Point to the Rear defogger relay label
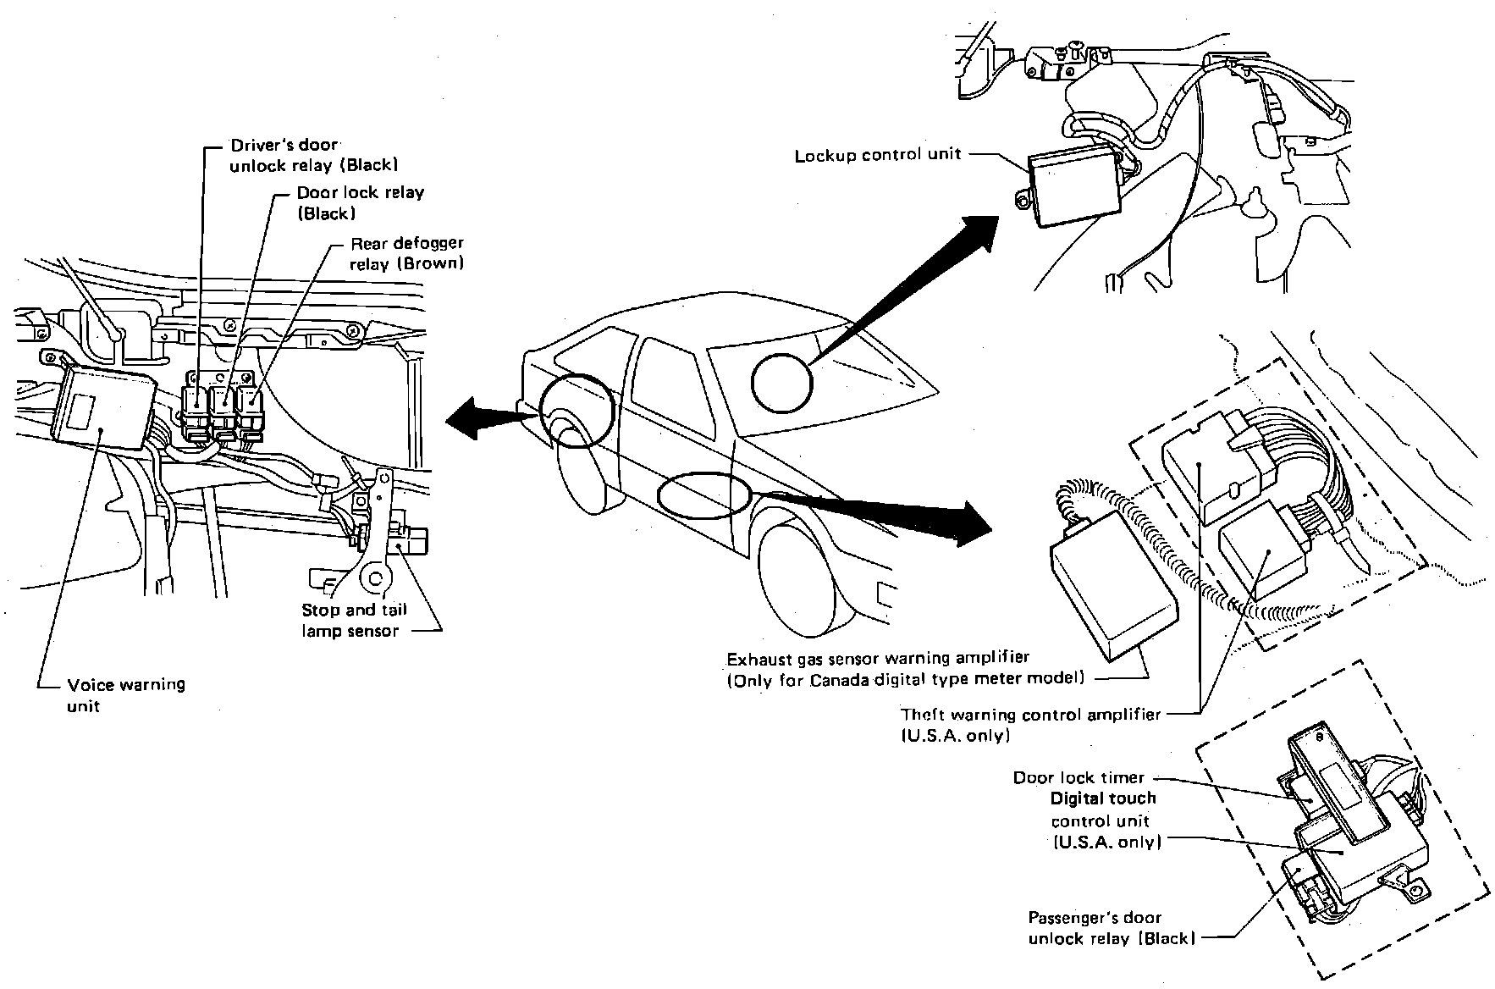pos(407,253)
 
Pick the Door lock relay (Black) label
pos(360,202)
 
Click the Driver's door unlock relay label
pos(313,154)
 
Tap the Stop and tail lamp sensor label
pos(354,620)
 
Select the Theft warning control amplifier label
pos(1030,724)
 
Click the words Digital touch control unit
pos(1104,820)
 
